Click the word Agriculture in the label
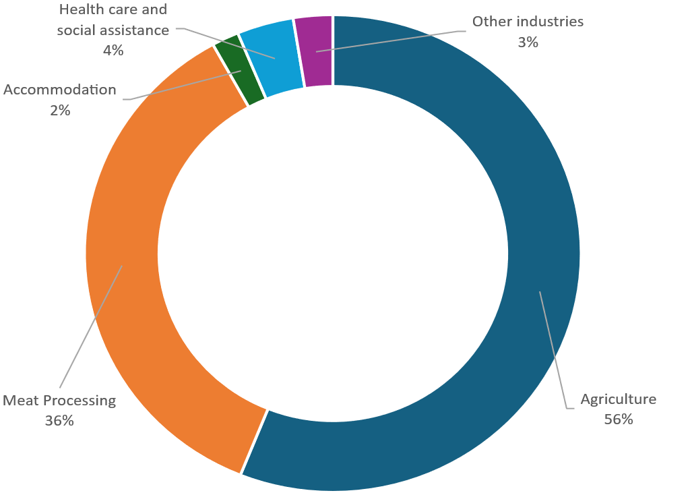tap(618, 399)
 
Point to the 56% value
tap(618, 419)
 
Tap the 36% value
tap(59, 421)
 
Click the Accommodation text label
tap(60, 90)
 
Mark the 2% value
tap(60, 110)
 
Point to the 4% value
tap(113, 51)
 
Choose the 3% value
tap(528, 42)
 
